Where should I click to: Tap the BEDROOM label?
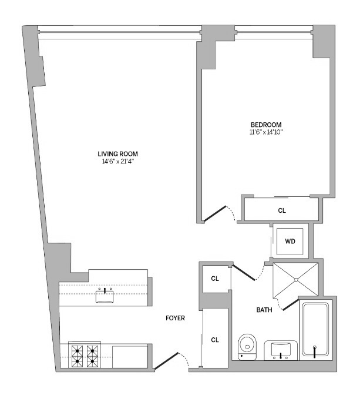(x=266, y=125)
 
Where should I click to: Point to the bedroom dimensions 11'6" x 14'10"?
(x=266, y=132)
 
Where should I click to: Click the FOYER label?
(x=175, y=319)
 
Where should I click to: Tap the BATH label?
(x=264, y=310)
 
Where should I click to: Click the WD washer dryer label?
(x=290, y=241)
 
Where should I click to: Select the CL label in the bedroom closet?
(x=282, y=210)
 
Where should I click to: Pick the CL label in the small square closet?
(x=215, y=279)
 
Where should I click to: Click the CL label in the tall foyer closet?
(x=215, y=340)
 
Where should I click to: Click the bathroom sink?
(x=281, y=350)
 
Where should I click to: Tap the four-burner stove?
(x=84, y=355)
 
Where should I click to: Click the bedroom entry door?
(x=214, y=213)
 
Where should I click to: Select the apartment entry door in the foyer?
(x=166, y=361)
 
